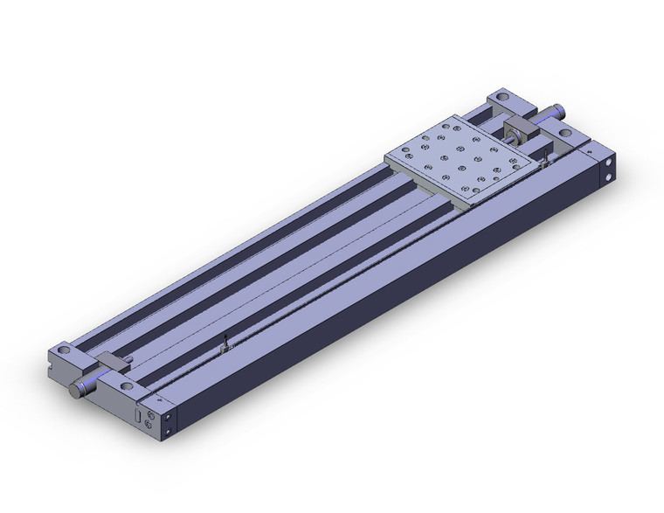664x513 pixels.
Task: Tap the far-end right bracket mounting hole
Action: coord(564,134)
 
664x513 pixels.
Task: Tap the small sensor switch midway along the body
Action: coord(224,346)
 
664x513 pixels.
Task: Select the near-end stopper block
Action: coord(111,361)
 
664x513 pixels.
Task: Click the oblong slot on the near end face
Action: coord(137,415)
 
